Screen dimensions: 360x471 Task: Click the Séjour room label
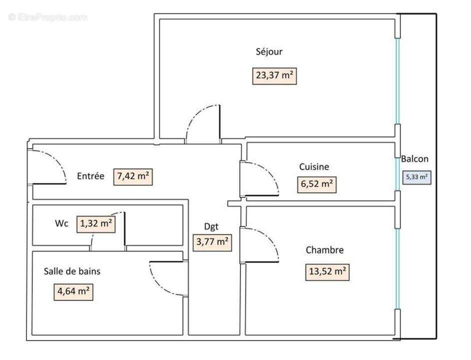[269, 51]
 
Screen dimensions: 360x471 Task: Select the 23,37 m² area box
[274, 76]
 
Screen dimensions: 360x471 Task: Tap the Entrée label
[90, 176]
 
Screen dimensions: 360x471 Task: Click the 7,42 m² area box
[133, 176]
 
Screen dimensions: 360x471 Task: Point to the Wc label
[61, 224]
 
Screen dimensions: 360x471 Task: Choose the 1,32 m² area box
[96, 224]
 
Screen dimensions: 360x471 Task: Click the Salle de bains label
[72, 271]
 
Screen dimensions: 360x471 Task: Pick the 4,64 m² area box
[73, 291]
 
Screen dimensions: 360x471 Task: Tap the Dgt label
[211, 226]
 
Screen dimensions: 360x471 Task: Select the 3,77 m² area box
[212, 242]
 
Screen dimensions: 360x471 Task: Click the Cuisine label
[314, 167]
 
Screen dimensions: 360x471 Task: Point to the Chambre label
[324, 250]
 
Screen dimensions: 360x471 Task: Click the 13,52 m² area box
[327, 272]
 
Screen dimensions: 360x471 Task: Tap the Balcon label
[414, 159]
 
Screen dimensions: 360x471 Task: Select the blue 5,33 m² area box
[416, 177]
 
